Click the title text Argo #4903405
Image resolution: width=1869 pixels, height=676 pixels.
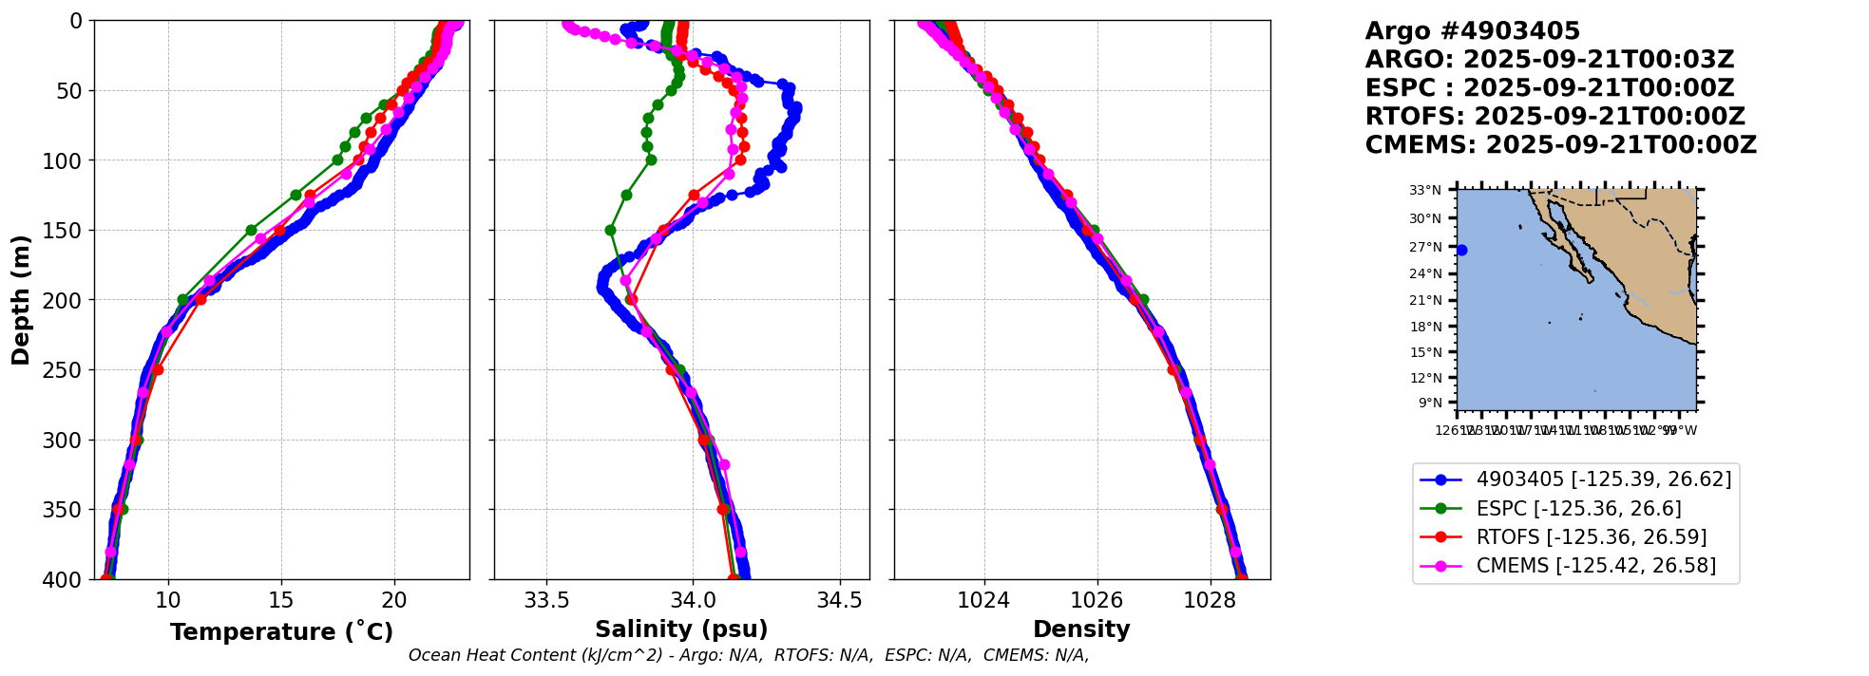coord(1472,31)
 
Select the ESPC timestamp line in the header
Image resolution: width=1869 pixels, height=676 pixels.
coord(1549,88)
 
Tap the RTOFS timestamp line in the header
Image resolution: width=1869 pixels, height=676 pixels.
coord(1554,117)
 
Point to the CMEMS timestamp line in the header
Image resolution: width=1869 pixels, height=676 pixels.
coord(1560,145)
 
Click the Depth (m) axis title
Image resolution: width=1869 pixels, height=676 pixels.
coord(21,300)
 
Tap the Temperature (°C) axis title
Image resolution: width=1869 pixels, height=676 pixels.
coord(281,632)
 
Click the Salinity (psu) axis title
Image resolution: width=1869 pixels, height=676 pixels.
coord(681,629)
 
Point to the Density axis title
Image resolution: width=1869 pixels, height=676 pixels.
coord(1081,629)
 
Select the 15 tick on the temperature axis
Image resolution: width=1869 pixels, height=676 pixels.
coord(281,600)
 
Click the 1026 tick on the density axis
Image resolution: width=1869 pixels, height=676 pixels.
coord(1097,600)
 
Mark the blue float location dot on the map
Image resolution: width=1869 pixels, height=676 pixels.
coord(1461,251)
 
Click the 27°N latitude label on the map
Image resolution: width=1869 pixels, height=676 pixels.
coord(1424,247)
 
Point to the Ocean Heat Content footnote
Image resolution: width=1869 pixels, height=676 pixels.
coord(749,655)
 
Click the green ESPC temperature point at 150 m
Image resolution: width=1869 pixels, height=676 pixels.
coord(251,230)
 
